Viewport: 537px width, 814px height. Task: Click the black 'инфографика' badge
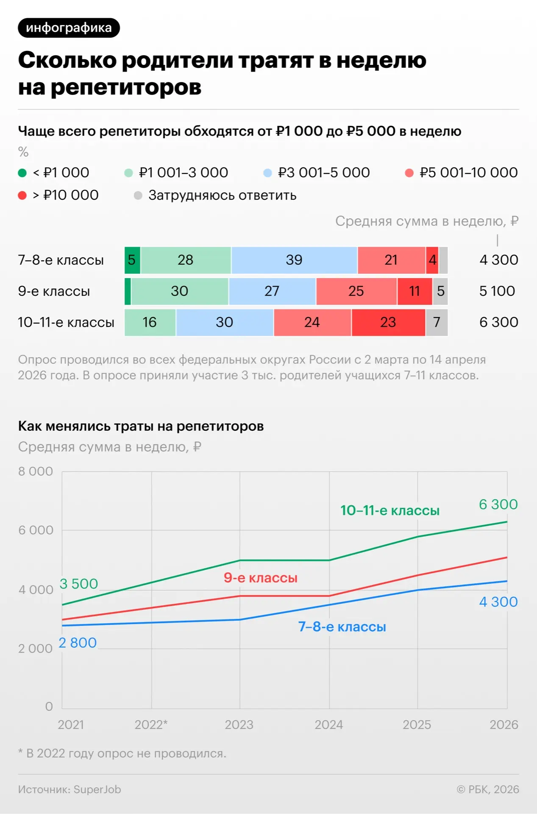[x=69, y=28]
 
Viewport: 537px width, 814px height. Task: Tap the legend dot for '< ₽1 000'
[x=22, y=173]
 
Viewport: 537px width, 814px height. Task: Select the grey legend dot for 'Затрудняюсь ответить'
[x=138, y=195]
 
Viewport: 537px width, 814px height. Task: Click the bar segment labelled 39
[x=294, y=260]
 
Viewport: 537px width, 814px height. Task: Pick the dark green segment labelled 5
[x=132, y=260]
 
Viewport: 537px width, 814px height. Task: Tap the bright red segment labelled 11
[x=415, y=291]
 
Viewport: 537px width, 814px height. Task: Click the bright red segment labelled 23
[x=388, y=322]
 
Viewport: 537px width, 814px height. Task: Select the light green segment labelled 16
[x=150, y=322]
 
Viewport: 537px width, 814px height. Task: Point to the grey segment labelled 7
[x=437, y=322]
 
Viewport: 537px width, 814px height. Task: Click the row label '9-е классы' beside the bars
[x=54, y=291]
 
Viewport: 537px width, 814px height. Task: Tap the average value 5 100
[x=497, y=291]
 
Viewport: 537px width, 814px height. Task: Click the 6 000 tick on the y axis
[x=36, y=530]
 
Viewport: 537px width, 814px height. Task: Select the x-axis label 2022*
[x=151, y=725]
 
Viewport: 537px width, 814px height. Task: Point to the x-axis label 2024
[x=328, y=725]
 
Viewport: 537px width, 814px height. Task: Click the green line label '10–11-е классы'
[x=390, y=510]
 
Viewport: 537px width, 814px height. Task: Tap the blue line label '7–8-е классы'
[x=342, y=627]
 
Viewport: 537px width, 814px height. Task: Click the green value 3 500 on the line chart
[x=79, y=584]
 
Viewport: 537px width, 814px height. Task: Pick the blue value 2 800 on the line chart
[x=78, y=643]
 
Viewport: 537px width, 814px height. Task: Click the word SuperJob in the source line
[x=97, y=789]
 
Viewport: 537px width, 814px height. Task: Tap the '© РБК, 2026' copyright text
[x=487, y=789]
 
